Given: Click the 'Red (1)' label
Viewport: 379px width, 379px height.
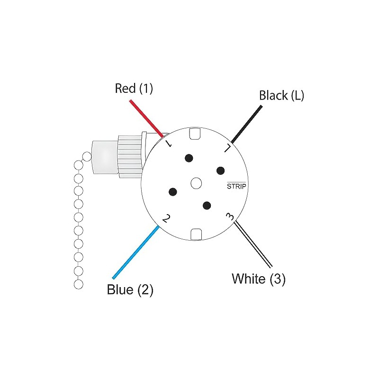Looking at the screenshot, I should (x=134, y=89).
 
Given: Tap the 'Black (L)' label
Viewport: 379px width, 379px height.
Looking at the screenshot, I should (x=281, y=95).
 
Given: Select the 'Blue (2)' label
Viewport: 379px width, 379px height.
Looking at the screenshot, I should (x=130, y=289).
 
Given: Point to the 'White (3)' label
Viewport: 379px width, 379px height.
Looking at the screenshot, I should (x=259, y=279).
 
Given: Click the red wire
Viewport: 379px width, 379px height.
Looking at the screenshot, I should (x=147, y=117).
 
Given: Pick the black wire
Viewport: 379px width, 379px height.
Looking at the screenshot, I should (x=246, y=124).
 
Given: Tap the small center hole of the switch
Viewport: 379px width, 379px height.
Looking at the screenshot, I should (x=196, y=182).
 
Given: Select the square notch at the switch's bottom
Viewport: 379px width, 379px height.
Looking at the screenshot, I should (x=196, y=234).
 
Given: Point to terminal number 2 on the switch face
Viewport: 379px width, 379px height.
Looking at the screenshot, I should (x=166, y=218).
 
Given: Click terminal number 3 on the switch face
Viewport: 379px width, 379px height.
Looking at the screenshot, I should (x=230, y=217).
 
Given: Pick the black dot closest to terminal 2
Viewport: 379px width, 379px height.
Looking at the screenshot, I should (x=173, y=192).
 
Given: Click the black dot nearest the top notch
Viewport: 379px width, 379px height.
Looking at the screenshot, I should (x=189, y=158).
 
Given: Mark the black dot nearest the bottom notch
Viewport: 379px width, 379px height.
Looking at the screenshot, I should (x=206, y=205).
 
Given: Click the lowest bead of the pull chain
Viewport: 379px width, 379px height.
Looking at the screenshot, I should (x=79, y=284).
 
